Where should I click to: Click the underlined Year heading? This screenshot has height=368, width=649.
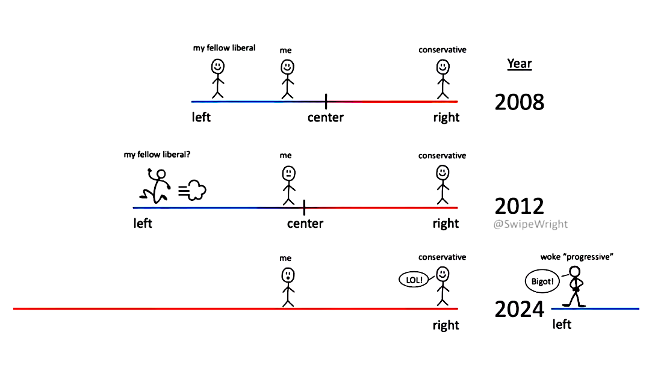click(520, 64)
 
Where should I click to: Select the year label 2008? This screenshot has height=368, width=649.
click(519, 102)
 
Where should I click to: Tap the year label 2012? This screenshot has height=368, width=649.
click(519, 206)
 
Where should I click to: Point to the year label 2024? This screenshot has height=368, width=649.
click(519, 310)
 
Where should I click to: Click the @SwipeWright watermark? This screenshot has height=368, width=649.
click(531, 224)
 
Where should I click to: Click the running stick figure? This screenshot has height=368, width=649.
click(155, 186)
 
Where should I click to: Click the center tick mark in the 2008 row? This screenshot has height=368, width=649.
click(326, 102)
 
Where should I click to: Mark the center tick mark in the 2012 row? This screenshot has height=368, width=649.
click(304, 207)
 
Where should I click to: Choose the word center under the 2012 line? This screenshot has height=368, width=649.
click(305, 224)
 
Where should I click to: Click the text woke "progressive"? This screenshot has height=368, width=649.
click(576, 257)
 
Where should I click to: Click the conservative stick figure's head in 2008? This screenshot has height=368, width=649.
click(443, 66)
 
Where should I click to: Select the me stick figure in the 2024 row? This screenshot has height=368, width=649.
click(288, 287)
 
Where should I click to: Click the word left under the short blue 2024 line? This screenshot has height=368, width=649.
click(562, 325)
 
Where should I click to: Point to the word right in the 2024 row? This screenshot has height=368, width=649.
click(446, 325)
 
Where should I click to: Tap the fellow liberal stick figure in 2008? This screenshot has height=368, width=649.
click(217, 78)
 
